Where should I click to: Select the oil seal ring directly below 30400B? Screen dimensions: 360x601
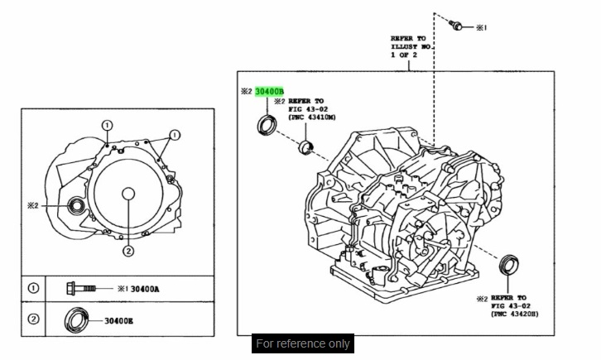pyautogui.click(x=267, y=125)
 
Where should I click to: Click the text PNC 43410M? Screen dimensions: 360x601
pyautogui.click(x=313, y=118)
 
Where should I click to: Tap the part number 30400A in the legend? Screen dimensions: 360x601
pyautogui.click(x=144, y=288)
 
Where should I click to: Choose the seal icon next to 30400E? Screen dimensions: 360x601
pyautogui.click(x=76, y=319)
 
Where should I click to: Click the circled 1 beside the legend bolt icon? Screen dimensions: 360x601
pyautogui.click(x=33, y=288)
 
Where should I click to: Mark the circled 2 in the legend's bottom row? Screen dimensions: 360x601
pyautogui.click(x=33, y=319)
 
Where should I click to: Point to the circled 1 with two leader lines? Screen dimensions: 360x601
pyautogui.click(x=174, y=135)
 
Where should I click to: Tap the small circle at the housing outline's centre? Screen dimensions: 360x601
pyautogui.click(x=127, y=194)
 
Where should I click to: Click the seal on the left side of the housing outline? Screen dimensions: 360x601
pyautogui.click(x=75, y=205)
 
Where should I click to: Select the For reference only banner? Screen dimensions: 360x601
pyautogui.click(x=303, y=343)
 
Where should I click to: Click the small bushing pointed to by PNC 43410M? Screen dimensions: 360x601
pyautogui.click(x=305, y=148)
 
